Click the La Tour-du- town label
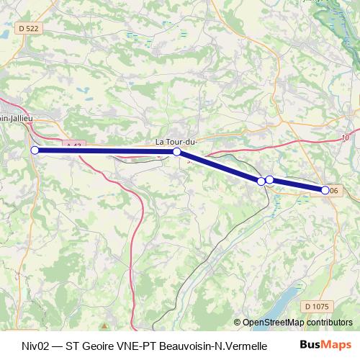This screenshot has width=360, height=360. click(176, 142)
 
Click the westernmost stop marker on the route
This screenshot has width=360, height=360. click(35, 150)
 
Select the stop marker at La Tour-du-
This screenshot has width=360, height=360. click(176, 152)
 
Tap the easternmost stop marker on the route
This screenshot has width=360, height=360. click(325, 190)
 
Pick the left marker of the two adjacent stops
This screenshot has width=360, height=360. click(261, 181)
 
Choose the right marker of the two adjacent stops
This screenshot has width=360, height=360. click(269, 179)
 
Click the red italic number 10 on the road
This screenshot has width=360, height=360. click(346, 137)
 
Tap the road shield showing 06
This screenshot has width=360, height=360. click(334, 190)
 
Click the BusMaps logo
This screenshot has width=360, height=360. click(326, 346)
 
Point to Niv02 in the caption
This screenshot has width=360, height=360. click(36, 346)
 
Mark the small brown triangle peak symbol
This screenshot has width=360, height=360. click(104, 318)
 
